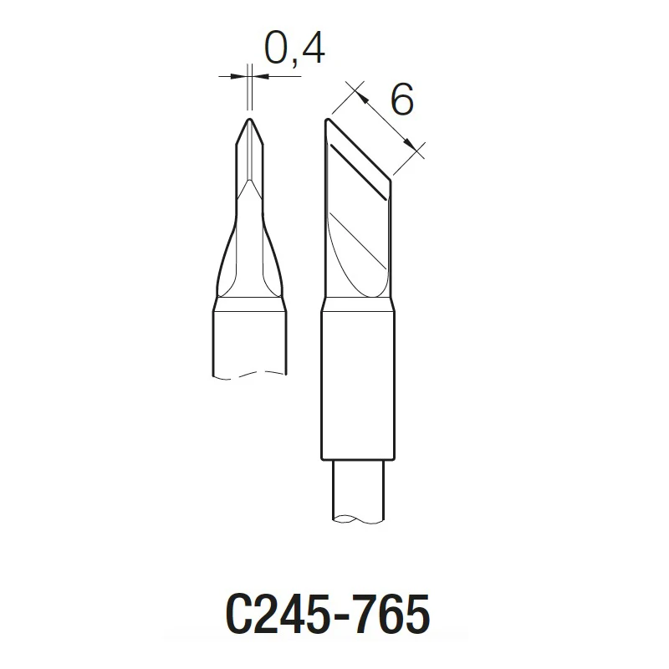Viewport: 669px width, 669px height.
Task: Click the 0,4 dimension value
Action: point(294,50)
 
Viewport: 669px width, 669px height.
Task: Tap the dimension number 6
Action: point(401,102)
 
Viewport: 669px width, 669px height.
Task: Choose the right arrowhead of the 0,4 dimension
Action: point(257,76)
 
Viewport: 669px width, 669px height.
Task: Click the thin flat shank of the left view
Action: point(250,159)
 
